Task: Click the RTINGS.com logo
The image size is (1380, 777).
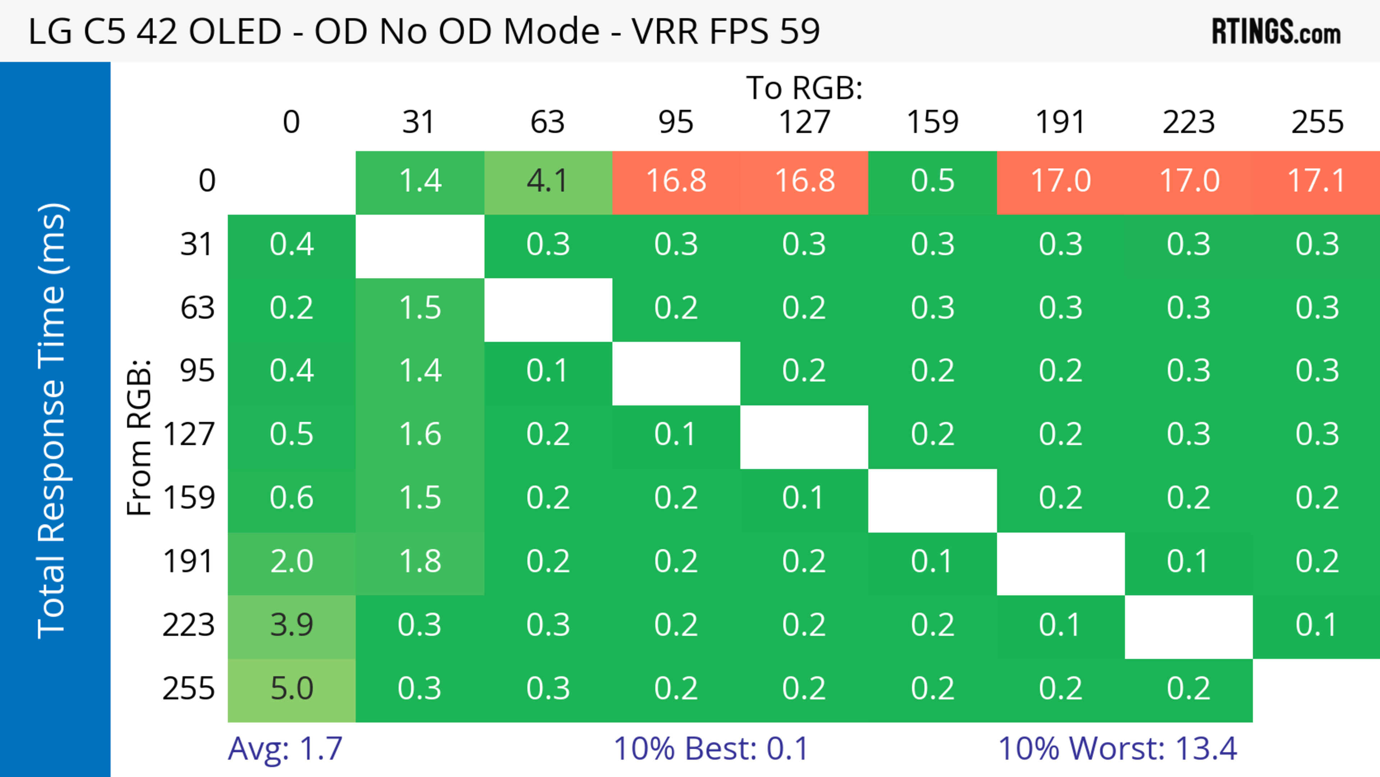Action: click(1276, 31)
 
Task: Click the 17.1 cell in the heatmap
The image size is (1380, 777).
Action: click(1317, 181)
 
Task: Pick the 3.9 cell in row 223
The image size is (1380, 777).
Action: click(291, 625)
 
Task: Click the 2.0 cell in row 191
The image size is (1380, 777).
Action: click(291, 562)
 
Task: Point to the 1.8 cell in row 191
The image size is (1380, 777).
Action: click(420, 562)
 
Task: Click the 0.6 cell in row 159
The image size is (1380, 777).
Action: click(291, 498)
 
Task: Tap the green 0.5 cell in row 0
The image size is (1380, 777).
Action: click(933, 181)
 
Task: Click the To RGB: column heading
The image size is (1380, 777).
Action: click(804, 88)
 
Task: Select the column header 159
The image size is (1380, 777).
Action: click(933, 122)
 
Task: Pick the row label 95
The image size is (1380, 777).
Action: click(197, 371)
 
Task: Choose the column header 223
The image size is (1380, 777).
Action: click(1189, 122)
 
